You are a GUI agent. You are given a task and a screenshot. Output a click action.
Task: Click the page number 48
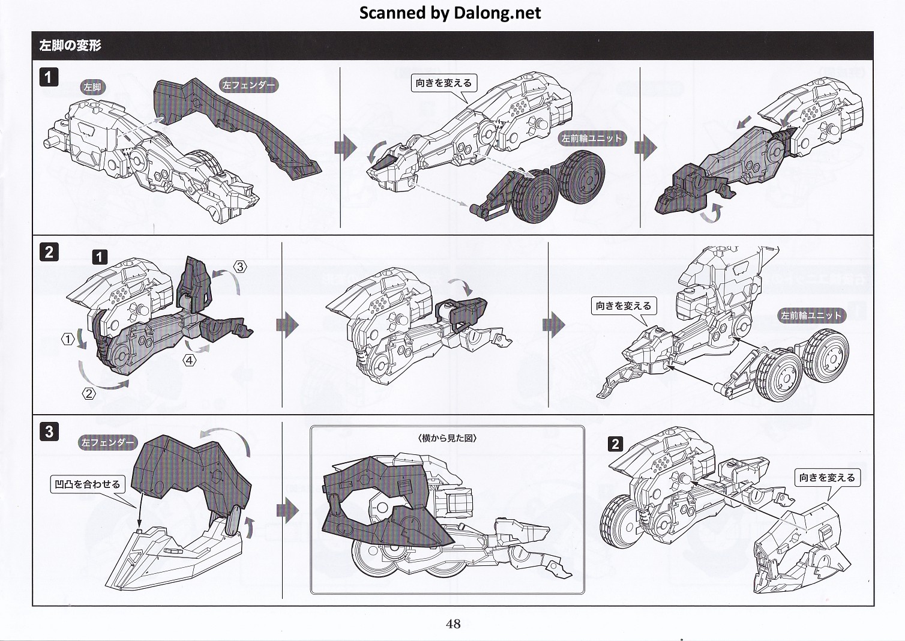click(x=453, y=624)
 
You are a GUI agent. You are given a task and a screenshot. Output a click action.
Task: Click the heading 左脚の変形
click(x=70, y=46)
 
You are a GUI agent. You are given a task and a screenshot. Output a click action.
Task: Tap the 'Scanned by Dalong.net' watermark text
click(x=450, y=13)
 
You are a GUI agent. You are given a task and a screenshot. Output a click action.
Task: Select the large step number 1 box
click(x=49, y=77)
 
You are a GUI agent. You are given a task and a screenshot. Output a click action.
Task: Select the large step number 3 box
click(x=49, y=431)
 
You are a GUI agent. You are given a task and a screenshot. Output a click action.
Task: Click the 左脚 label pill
click(x=92, y=87)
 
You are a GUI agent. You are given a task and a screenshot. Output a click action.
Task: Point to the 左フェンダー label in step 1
click(x=248, y=85)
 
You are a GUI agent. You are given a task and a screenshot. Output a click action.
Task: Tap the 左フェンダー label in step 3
click(x=108, y=442)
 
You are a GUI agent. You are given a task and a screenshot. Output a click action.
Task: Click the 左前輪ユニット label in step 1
click(x=592, y=138)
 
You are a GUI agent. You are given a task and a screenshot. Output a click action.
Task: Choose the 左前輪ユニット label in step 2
click(x=811, y=315)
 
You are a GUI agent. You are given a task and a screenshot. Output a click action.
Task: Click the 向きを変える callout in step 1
click(x=443, y=83)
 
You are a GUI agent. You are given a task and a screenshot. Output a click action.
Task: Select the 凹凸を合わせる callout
click(x=87, y=484)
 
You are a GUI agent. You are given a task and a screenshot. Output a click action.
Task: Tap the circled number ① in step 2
click(x=68, y=340)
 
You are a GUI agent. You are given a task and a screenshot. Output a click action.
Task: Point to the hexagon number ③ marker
click(x=239, y=266)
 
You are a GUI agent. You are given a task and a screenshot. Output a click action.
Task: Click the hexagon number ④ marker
click(x=190, y=360)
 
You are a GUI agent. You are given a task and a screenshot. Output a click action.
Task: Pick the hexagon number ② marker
click(x=88, y=394)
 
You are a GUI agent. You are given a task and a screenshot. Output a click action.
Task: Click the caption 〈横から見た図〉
click(x=447, y=438)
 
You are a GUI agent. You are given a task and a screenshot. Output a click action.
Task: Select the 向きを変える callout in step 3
click(x=827, y=478)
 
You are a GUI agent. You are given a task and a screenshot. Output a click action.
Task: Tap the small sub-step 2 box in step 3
click(x=615, y=444)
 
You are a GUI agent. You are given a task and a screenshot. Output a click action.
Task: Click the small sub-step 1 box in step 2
click(x=100, y=257)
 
